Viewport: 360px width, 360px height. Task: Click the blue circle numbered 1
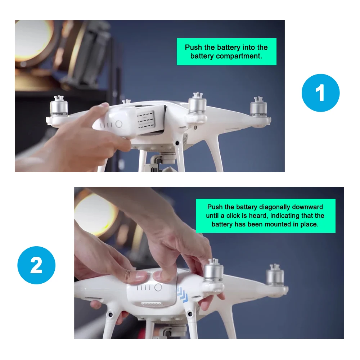(320, 93)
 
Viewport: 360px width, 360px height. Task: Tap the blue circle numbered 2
(36, 265)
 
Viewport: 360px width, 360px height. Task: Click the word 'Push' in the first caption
(193, 47)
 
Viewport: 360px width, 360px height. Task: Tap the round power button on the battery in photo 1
(119, 124)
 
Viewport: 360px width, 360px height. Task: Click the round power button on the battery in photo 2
(158, 287)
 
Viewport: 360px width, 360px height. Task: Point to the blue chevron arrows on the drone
(182, 294)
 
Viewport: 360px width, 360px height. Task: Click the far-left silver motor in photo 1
(59, 106)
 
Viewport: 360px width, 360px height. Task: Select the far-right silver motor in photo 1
(258, 107)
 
